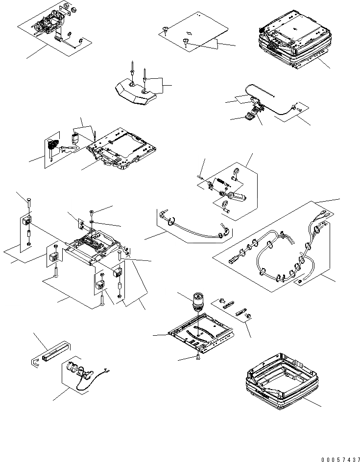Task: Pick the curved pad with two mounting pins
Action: click(x=135, y=93)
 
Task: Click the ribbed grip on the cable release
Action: click(x=250, y=116)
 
